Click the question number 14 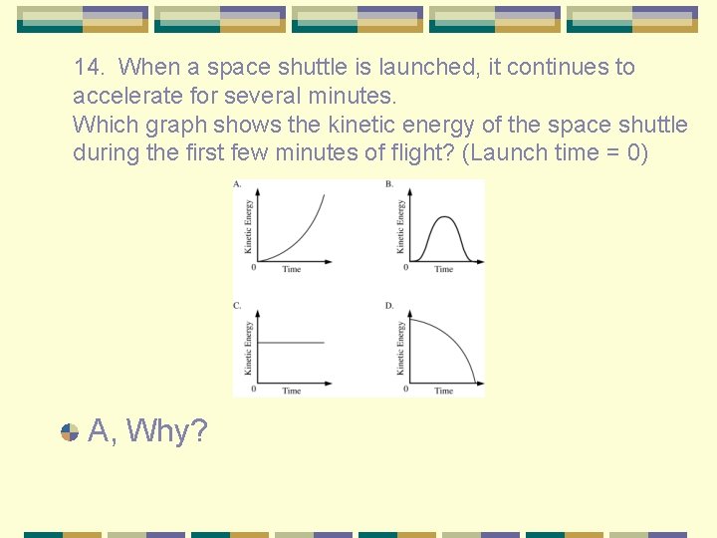[90, 68]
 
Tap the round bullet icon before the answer [70, 432]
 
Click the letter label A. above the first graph [237, 185]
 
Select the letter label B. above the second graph [388, 185]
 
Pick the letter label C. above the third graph [237, 306]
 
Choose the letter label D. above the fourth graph [389, 306]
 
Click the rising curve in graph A [304, 235]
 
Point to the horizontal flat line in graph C [290, 343]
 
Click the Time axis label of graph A [291, 270]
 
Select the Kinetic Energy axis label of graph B [401, 225]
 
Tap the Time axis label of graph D [443, 392]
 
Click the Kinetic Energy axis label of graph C [248, 347]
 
